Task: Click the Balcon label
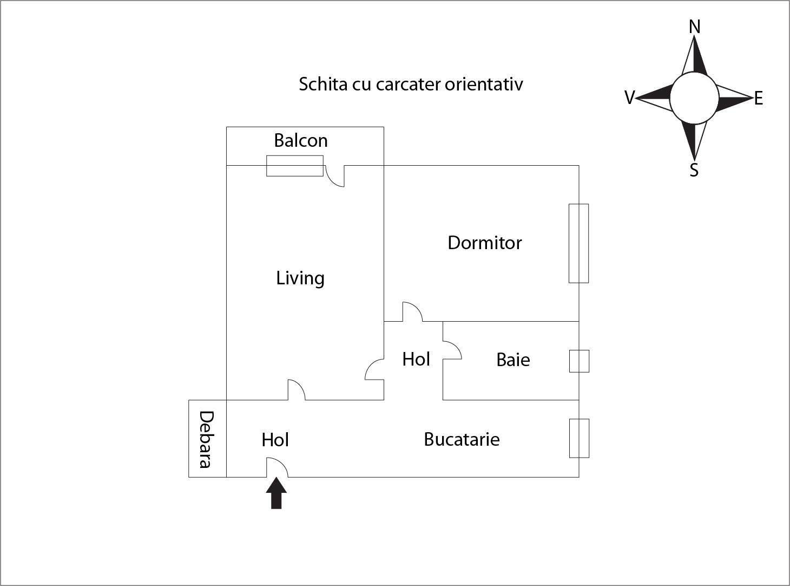click(301, 140)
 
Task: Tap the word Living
click(300, 278)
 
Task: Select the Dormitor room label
click(484, 243)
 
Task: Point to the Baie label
click(513, 360)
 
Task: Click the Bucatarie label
click(462, 439)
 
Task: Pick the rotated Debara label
click(206, 439)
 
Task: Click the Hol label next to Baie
click(416, 359)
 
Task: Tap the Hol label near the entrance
click(275, 440)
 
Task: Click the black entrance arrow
click(276, 493)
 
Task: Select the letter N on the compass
click(695, 27)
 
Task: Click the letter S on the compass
click(694, 170)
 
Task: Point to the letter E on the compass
click(758, 98)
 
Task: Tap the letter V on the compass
click(630, 97)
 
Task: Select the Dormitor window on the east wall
click(578, 243)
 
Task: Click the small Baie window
click(579, 361)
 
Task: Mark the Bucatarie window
click(579, 438)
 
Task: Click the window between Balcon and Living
click(295, 166)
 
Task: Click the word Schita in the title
click(323, 84)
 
